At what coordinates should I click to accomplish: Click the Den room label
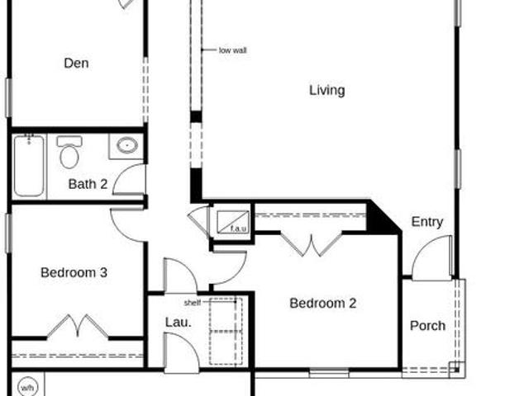click(76, 64)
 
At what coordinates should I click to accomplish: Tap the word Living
click(327, 90)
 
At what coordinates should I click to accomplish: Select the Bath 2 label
click(88, 184)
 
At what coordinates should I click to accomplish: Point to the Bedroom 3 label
click(74, 272)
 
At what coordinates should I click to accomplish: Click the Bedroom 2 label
click(323, 303)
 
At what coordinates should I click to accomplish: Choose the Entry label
click(427, 222)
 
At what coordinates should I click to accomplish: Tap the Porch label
click(427, 326)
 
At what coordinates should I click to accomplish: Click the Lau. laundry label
click(179, 323)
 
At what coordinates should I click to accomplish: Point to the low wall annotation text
click(233, 50)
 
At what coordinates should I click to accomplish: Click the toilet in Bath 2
click(69, 152)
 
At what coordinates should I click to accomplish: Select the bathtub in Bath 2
click(29, 165)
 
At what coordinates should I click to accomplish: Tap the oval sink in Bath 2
click(127, 145)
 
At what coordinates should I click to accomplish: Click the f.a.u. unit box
click(233, 222)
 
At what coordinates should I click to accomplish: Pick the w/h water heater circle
click(27, 388)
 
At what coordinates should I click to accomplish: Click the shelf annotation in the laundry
click(193, 303)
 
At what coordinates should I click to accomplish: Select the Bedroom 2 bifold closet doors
click(311, 244)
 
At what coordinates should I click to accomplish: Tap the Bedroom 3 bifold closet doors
click(78, 326)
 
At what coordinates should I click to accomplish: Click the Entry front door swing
click(431, 257)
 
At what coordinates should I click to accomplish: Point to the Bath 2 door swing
click(129, 179)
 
